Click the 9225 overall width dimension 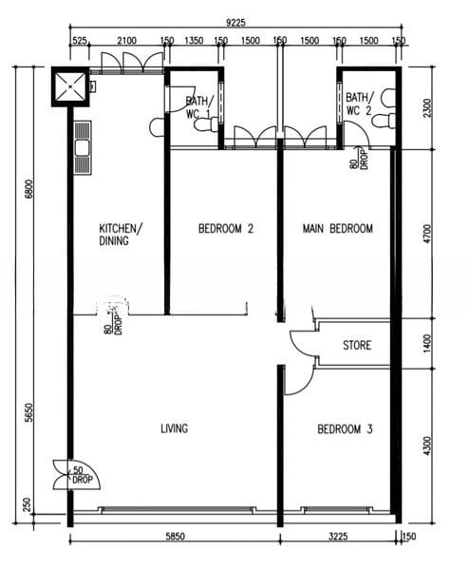coord(235,23)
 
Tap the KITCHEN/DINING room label coord(121,235)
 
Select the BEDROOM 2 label coord(226,229)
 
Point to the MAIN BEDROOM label coord(337,229)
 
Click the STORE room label coord(357,345)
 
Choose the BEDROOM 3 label coord(345,429)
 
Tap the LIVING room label coord(175,428)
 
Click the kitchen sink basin coord(83,148)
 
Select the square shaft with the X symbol coord(70,86)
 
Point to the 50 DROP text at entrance coord(82,475)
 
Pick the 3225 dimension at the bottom coord(338,537)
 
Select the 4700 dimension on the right coord(428,234)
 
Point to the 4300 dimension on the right coord(428,446)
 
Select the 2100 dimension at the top coord(127,40)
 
